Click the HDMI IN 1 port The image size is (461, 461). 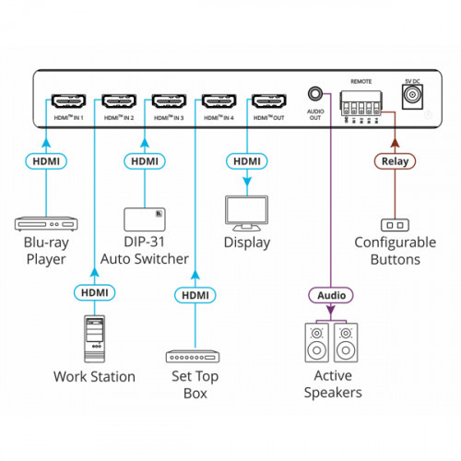[68, 100]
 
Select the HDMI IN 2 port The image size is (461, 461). [118, 100]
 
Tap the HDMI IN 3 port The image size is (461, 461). [168, 100]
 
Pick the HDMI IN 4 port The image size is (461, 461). [218, 100]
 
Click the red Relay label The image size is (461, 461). [395, 162]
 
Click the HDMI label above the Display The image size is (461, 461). [247, 162]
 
